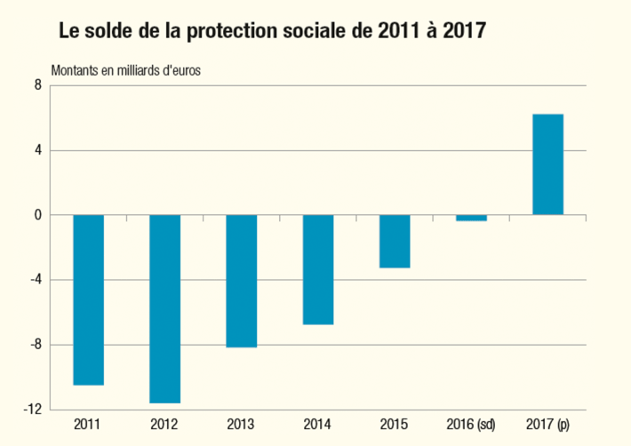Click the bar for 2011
pos(89,299)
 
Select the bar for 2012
pos(165,308)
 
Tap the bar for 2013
pos(242,281)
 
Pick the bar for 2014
pos(318,269)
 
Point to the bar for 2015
pos(395,241)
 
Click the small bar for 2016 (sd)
pos(471,218)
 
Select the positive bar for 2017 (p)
pos(547,164)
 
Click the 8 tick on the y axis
pos(38,85)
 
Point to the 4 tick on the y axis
pos(38,150)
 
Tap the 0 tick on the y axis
pos(38,215)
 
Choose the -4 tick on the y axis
pos(36,280)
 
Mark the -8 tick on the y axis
pos(36,345)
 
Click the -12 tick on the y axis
pos(34,410)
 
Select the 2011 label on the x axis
pos(89,426)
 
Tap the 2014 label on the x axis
pos(318,426)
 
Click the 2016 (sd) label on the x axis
pos(471,426)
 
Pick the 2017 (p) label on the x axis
pos(547,426)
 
